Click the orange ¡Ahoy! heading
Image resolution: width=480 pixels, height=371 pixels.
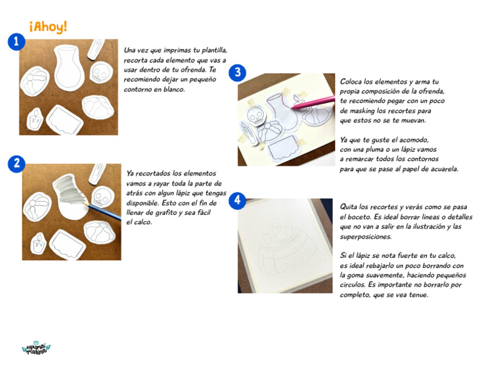[x=48, y=26]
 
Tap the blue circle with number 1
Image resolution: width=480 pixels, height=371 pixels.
[x=16, y=42]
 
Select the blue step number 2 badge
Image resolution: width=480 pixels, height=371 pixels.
[x=16, y=164]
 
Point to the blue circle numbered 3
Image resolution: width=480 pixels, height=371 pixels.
[x=237, y=73]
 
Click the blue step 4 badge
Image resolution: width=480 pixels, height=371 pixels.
[x=237, y=200]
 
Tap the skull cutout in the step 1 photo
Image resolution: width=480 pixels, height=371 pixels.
[x=100, y=73]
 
